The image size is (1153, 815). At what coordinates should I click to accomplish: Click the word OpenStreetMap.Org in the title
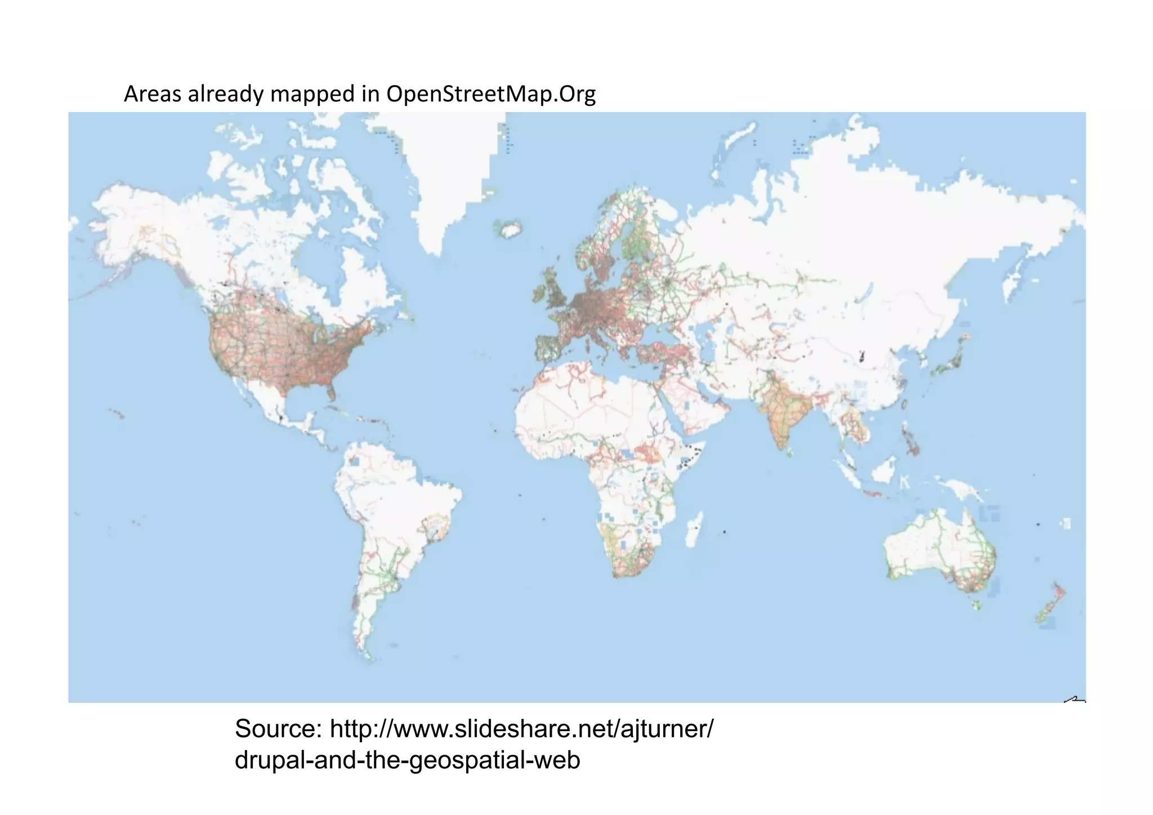pos(490,94)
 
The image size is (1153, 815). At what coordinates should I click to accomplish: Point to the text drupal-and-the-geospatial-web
pos(407,760)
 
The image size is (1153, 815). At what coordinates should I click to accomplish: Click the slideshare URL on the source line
pos(521,729)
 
